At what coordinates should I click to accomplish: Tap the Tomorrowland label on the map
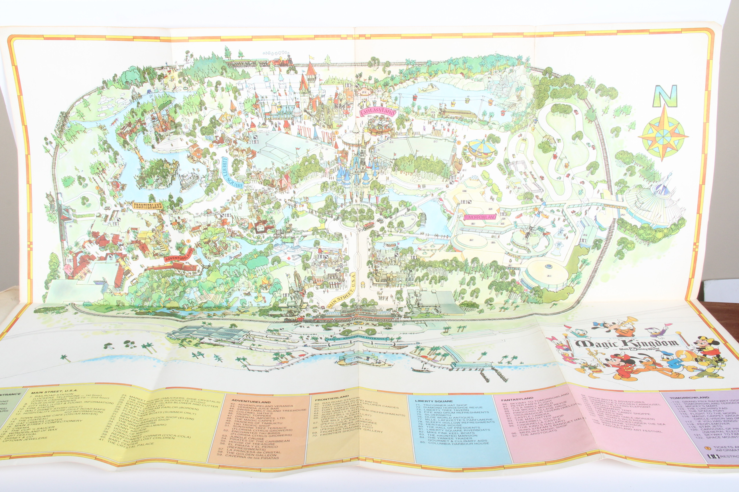click(480, 217)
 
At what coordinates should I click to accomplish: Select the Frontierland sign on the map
click(147, 206)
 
